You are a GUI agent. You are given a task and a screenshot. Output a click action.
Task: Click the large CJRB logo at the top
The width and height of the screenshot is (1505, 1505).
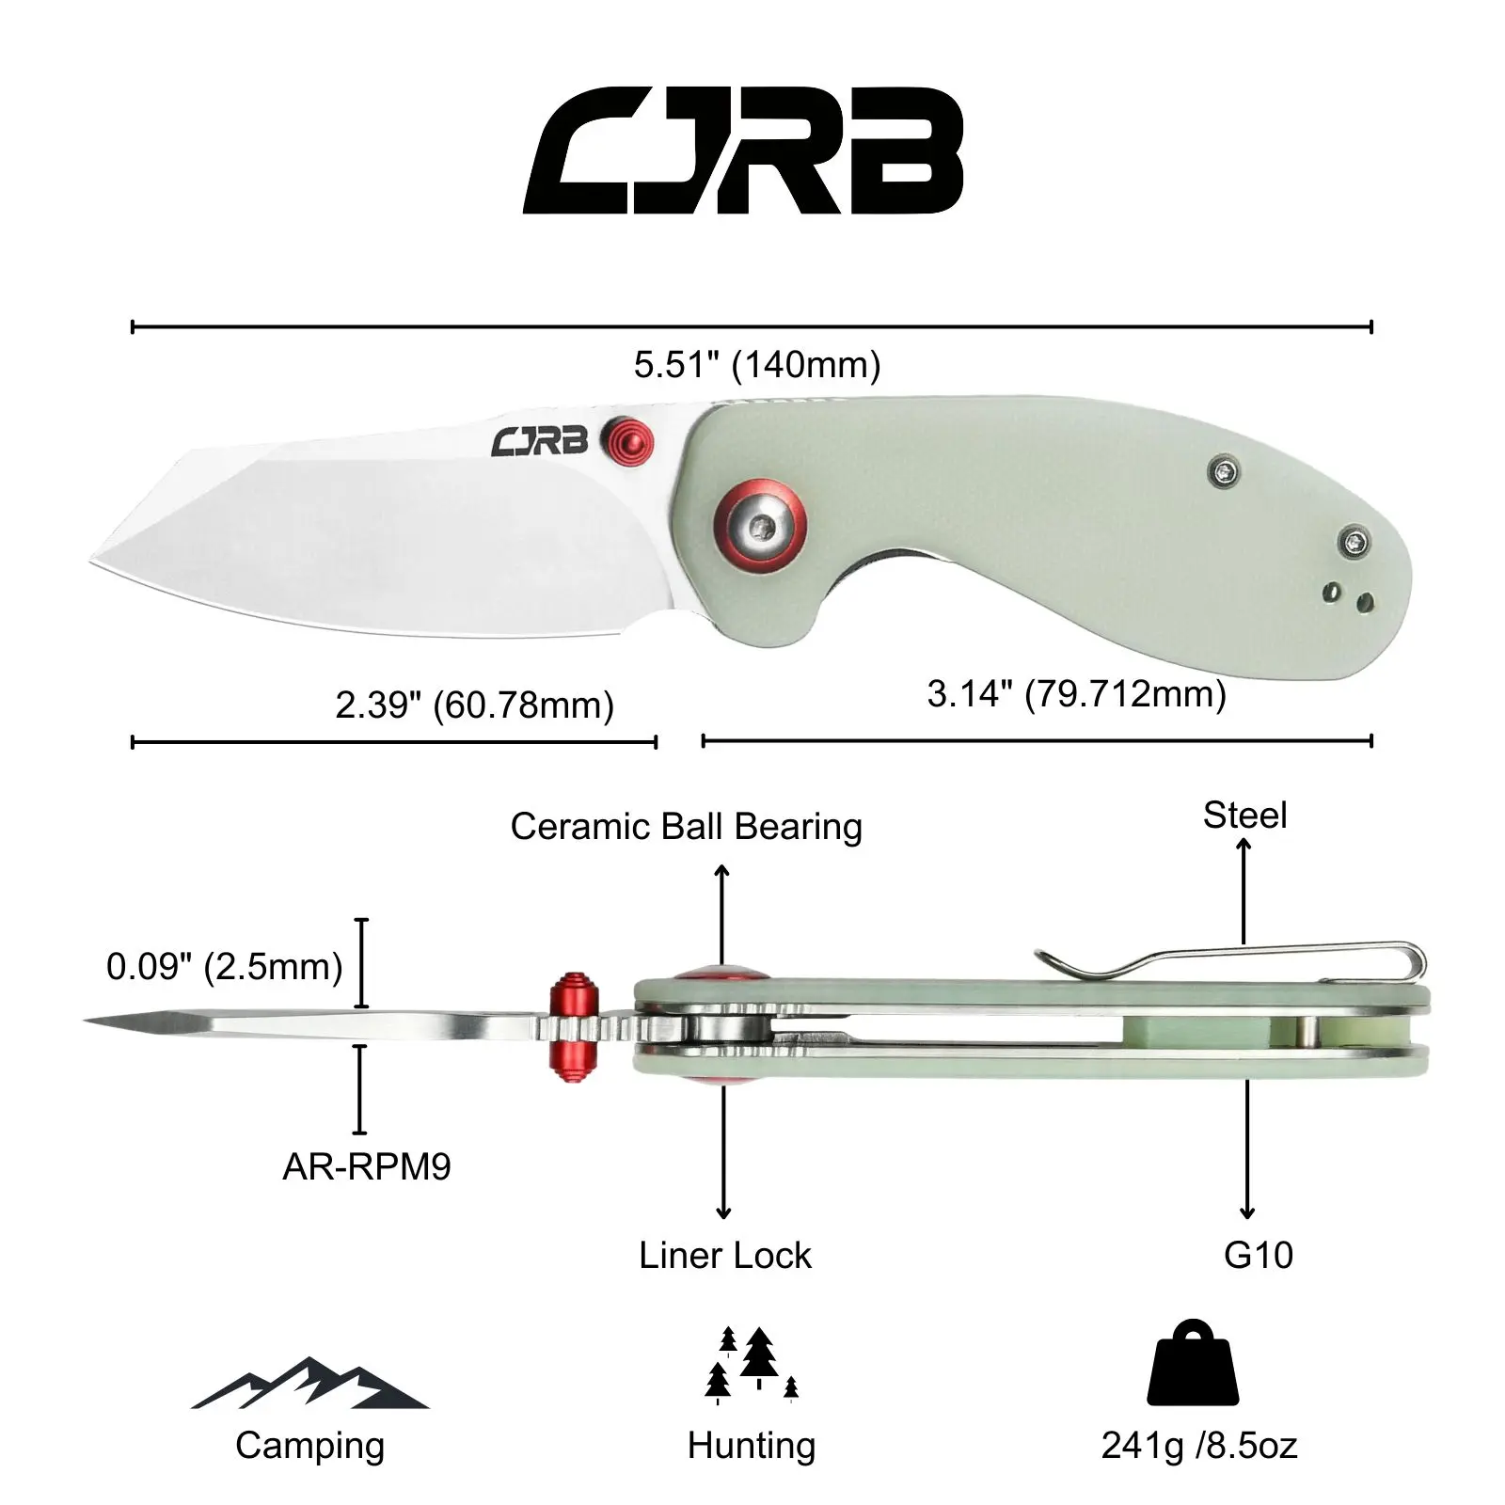pos(743,151)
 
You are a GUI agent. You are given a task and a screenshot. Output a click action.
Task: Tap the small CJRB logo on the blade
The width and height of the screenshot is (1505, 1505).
pos(539,440)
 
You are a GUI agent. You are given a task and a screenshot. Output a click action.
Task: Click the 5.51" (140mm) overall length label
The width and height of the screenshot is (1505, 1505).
pos(757,364)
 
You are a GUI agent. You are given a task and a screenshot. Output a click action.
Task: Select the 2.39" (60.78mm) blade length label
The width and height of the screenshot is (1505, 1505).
pos(474,705)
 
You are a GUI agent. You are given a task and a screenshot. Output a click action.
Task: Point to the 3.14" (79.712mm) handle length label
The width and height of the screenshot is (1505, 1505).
pos(1077,694)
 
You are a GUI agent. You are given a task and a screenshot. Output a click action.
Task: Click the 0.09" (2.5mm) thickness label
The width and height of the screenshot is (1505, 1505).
pos(225,967)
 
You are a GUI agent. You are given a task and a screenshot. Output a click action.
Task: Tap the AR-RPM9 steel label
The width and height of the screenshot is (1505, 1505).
pos(367,1166)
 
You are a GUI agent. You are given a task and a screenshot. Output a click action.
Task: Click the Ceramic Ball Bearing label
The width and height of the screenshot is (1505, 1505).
pos(686,826)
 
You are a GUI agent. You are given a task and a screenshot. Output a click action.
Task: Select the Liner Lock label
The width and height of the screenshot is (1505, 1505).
pos(724,1255)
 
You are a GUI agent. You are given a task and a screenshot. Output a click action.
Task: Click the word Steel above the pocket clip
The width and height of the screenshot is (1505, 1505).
pos(1244,815)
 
